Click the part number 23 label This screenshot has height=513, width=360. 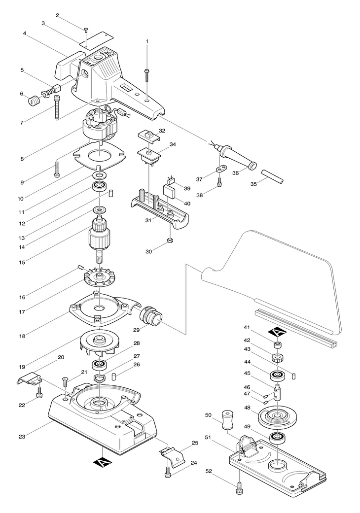tap(22, 436)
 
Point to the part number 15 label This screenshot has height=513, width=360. tap(22, 262)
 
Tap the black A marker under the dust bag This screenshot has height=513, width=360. tap(277, 333)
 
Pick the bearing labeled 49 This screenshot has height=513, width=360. tap(277, 437)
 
